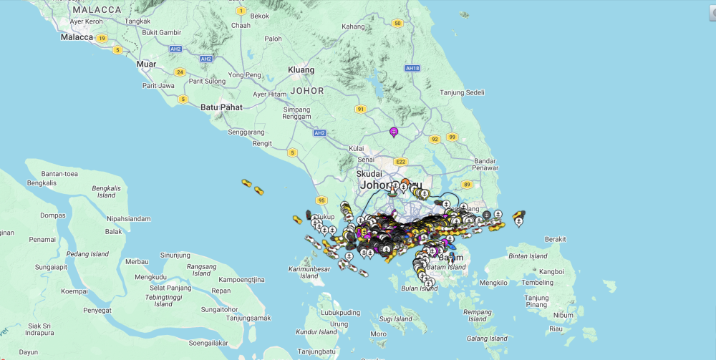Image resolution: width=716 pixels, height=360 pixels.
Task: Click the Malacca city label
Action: (x=77, y=37)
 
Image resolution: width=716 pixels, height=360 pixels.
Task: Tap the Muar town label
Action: (x=147, y=64)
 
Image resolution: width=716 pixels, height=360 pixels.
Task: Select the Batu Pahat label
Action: (x=221, y=107)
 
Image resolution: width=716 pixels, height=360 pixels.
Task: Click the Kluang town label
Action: (x=301, y=69)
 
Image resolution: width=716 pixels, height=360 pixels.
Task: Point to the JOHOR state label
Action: (x=307, y=91)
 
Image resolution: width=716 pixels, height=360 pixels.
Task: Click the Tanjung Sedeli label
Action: (x=462, y=92)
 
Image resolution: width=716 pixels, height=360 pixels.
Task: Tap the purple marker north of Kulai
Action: (x=393, y=132)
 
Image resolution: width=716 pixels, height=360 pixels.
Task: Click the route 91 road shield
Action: (x=360, y=109)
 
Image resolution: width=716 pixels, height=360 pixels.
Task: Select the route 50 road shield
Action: (x=397, y=23)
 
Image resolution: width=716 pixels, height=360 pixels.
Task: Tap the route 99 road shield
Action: (x=452, y=137)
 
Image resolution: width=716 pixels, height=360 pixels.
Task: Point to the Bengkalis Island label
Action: (x=106, y=191)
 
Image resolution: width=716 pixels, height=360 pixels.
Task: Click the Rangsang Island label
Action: (x=201, y=269)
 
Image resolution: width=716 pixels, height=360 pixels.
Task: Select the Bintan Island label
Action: (x=528, y=256)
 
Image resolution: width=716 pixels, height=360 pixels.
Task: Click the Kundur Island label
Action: (x=316, y=331)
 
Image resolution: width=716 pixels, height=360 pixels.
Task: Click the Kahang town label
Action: (x=353, y=26)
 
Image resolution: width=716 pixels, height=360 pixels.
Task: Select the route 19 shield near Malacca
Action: (x=102, y=38)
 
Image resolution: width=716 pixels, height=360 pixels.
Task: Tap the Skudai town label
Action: (x=369, y=174)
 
